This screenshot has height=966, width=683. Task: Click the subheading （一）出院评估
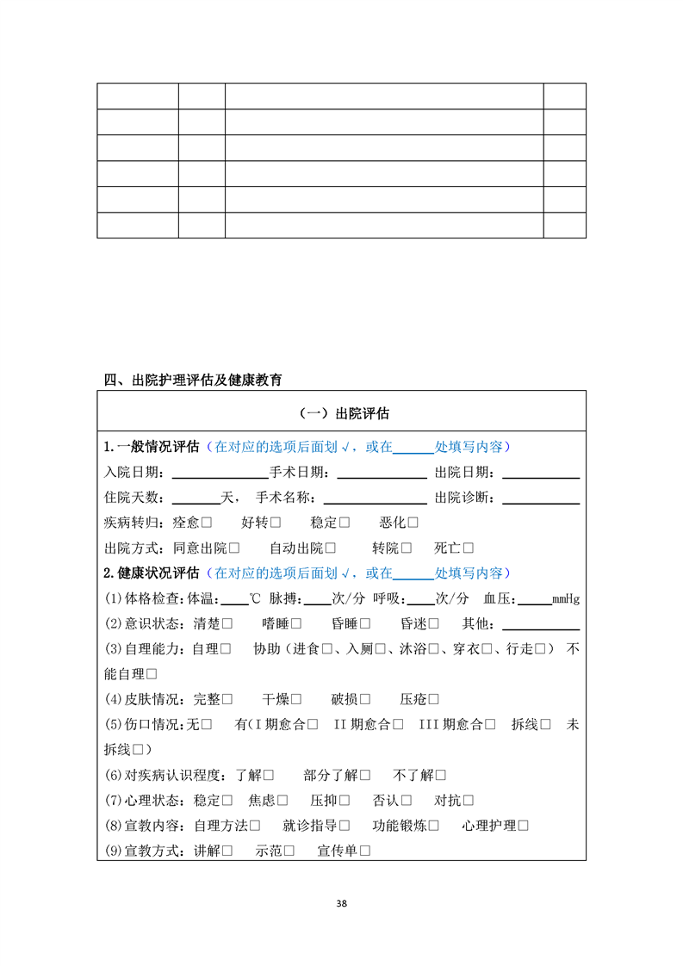pyautogui.click(x=341, y=413)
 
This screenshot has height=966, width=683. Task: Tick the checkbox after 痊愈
pyautogui.click(x=207, y=523)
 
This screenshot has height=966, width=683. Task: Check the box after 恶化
pyautogui.click(x=413, y=523)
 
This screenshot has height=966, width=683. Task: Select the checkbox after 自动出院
pyautogui.click(x=331, y=548)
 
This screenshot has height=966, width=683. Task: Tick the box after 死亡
pyautogui.click(x=469, y=548)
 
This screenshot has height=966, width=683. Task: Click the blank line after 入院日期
pyautogui.click(x=220, y=473)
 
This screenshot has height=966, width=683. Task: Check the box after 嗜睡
pyautogui.click(x=296, y=624)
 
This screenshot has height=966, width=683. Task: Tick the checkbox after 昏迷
pyautogui.click(x=433, y=624)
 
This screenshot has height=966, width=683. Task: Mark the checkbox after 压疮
pyautogui.click(x=434, y=700)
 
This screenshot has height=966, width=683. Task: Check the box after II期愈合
pyautogui.click(x=398, y=725)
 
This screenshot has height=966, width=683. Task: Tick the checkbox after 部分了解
pyautogui.click(x=365, y=776)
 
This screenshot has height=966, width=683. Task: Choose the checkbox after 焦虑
pyautogui.click(x=283, y=801)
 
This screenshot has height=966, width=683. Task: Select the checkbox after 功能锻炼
pyautogui.click(x=434, y=826)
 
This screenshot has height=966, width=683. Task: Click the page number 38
pyautogui.click(x=342, y=903)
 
